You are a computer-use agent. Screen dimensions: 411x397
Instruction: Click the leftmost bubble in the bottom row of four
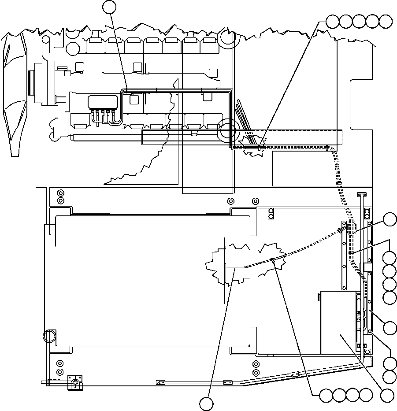point(326,395)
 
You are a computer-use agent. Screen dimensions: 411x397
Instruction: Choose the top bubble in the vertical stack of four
point(390,258)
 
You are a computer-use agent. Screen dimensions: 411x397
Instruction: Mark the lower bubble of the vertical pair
point(390,376)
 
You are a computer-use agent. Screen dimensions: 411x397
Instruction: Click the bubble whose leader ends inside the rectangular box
point(387,395)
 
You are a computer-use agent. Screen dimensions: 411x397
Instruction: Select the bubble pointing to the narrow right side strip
point(390,327)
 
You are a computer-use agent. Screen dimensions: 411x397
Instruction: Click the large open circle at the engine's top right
point(228,37)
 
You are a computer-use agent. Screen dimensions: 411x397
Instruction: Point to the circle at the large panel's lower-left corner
point(50,337)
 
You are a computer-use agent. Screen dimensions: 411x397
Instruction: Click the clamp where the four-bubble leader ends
point(273,259)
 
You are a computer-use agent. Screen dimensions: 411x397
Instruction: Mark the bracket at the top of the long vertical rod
point(361,194)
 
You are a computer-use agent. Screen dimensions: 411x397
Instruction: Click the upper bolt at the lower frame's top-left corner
point(61,193)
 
